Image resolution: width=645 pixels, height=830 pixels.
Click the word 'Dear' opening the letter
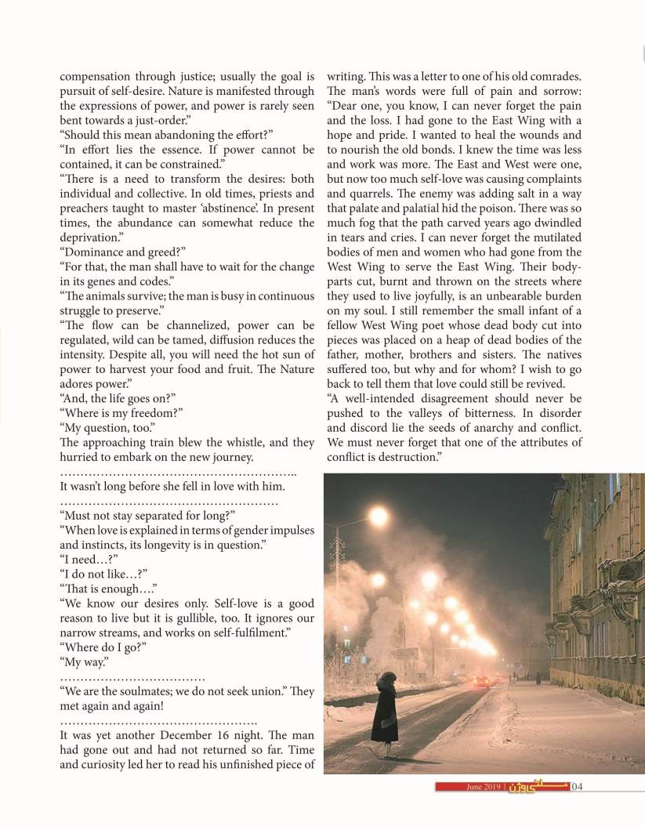(345, 106)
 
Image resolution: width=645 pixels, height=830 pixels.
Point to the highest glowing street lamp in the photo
(379, 516)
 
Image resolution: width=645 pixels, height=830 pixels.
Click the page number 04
(578, 786)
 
